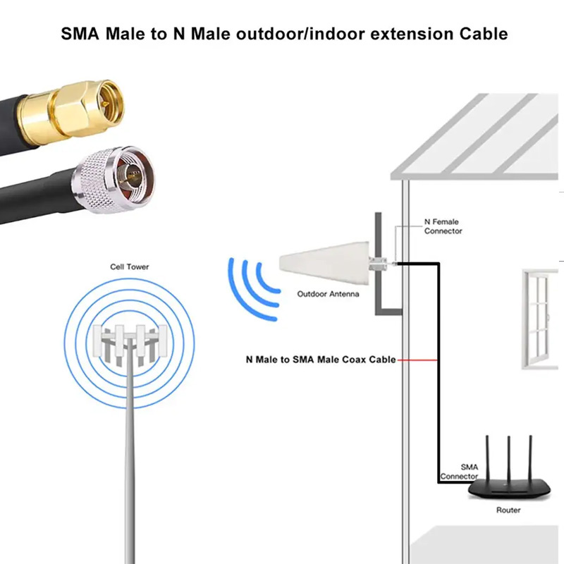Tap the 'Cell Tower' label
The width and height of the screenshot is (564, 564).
[x=130, y=267]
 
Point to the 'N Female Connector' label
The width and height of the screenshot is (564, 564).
[x=443, y=226]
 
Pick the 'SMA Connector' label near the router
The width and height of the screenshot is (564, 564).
[x=459, y=472]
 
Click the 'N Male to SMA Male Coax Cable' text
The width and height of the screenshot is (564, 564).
[x=321, y=360]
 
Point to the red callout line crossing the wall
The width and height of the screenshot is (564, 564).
[x=417, y=360]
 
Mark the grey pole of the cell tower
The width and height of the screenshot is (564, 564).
[x=131, y=458]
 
